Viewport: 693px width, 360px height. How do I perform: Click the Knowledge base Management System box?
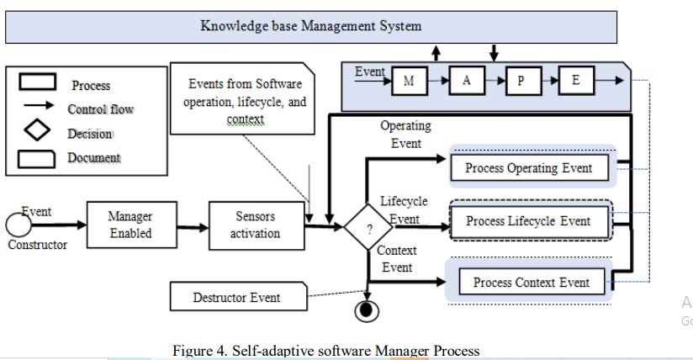click(311, 26)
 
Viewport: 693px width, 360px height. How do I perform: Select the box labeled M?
click(410, 82)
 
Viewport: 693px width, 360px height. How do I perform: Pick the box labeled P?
click(521, 82)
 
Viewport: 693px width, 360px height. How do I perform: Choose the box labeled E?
click(576, 82)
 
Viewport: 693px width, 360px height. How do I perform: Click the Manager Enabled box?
click(130, 225)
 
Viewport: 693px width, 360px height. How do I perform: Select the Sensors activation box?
click(255, 225)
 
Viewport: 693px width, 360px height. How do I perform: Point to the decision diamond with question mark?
click(369, 228)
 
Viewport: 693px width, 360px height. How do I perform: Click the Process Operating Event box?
click(528, 167)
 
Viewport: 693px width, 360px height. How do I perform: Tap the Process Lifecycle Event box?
click(528, 222)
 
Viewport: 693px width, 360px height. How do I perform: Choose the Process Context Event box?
click(531, 283)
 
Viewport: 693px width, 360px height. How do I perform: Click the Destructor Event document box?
click(236, 297)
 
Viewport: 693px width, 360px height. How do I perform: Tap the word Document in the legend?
click(93, 157)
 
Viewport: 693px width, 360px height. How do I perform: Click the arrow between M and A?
click(437, 82)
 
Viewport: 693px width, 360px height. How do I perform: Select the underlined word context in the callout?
click(245, 119)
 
